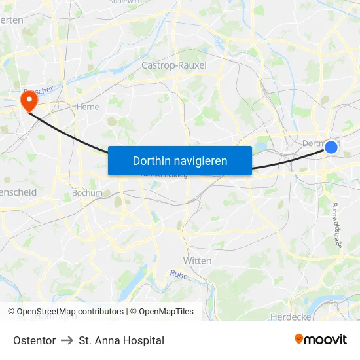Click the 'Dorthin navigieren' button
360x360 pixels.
[180, 160]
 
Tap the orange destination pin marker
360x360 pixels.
[29, 100]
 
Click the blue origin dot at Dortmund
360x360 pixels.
[331, 148]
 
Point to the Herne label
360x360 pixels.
[88, 107]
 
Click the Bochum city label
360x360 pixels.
[87, 193]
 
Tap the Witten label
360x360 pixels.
[197, 261]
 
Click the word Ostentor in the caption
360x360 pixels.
[34, 340]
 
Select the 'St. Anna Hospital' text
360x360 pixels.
[121, 340]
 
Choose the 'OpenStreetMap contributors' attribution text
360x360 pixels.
[70, 312]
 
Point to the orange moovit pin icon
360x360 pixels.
[298, 339]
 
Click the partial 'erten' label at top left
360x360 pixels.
[12, 20]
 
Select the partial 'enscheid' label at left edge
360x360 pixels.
[18, 193]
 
